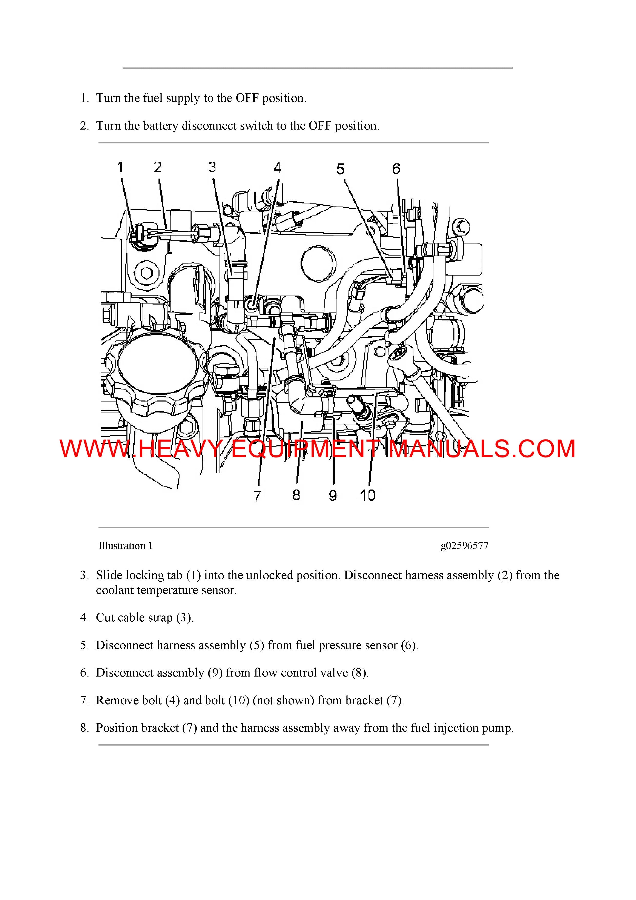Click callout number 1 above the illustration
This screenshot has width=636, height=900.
(x=120, y=167)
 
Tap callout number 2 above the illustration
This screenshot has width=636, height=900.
(x=157, y=167)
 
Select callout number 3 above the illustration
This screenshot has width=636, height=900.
(x=212, y=167)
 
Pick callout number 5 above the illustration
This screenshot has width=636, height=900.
(x=340, y=169)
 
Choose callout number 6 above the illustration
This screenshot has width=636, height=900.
(x=396, y=169)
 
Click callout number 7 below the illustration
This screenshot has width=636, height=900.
(x=257, y=496)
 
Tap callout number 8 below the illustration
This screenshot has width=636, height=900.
(x=296, y=495)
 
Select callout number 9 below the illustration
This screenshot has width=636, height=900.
(x=333, y=495)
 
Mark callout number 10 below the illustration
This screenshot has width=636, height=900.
(x=367, y=495)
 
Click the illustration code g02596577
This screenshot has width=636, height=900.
(x=464, y=546)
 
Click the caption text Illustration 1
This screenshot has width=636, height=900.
(x=125, y=546)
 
